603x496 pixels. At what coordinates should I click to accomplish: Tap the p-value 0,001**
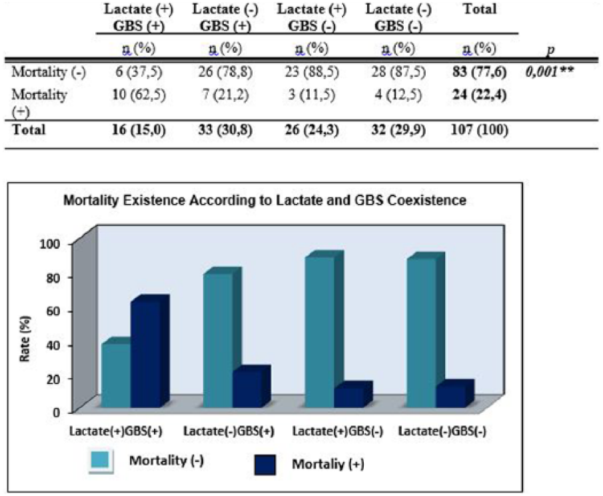(550, 72)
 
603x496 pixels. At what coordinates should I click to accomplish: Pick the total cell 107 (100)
(480, 130)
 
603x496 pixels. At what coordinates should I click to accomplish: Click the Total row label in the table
(29, 130)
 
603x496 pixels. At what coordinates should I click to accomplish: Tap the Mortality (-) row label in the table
(49, 73)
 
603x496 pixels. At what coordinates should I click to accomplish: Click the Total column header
(480, 9)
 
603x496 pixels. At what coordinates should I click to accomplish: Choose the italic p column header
(551, 51)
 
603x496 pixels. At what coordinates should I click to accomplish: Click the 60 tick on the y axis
(55, 311)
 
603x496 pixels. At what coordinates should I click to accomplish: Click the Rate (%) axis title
(25, 339)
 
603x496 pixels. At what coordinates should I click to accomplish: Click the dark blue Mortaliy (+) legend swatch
(265, 465)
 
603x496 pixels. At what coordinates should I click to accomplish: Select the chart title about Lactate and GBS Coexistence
(265, 201)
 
